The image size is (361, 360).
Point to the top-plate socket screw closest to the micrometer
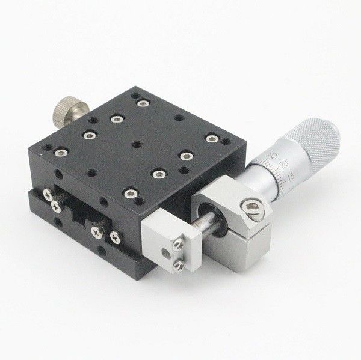(x=211, y=139)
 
